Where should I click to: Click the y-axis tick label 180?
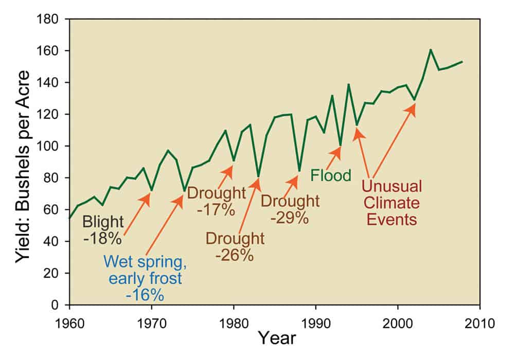click(52, 19)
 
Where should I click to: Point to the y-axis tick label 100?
click(52, 146)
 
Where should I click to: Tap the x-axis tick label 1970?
click(151, 325)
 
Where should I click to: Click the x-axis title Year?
click(277, 339)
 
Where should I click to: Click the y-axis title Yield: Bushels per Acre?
click(23, 162)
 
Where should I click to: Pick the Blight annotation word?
click(103, 222)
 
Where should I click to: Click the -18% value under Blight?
click(103, 239)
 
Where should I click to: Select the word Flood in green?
click(330, 175)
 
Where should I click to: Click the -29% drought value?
click(290, 218)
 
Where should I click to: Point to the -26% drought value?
click(235, 255)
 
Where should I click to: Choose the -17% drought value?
click(217, 210)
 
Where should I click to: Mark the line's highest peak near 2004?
click(430, 50)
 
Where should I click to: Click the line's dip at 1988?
click(299, 171)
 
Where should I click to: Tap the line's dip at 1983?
click(258, 176)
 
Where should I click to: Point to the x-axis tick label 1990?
click(315, 325)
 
